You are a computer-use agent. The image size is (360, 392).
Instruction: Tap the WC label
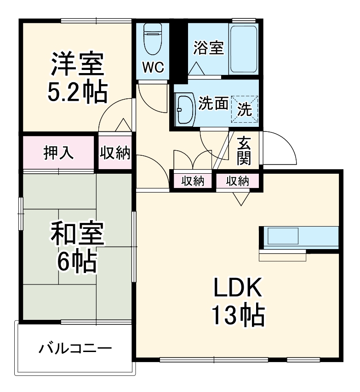point(152,68)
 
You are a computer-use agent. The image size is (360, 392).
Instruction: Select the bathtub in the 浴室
point(244,48)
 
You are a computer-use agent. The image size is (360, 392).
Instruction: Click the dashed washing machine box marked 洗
point(245,109)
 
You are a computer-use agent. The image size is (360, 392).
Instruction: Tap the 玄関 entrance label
point(244,151)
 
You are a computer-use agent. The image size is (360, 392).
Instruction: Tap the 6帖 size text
point(77,262)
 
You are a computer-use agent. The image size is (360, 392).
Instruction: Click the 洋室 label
point(77,66)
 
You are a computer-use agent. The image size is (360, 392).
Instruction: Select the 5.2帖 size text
point(77,92)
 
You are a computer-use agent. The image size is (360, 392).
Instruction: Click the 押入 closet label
point(58,153)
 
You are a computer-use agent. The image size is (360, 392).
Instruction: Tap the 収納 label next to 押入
point(115,153)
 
